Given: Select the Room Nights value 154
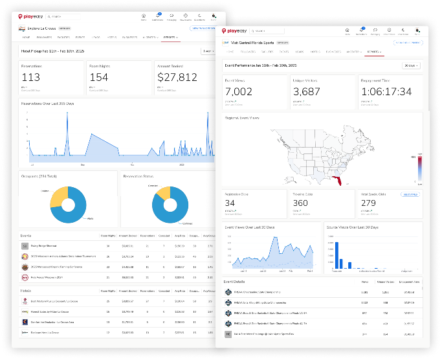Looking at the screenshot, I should tap(100, 77).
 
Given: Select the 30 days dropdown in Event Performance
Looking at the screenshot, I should tap(410, 65).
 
